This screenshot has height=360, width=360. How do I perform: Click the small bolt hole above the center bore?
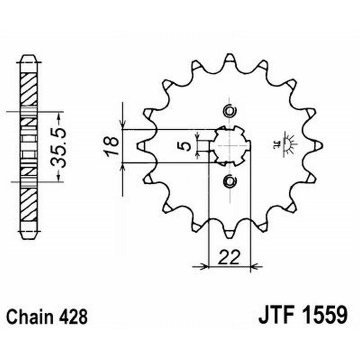229,111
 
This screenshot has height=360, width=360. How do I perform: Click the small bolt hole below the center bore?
229,181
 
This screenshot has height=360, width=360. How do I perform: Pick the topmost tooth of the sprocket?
229,58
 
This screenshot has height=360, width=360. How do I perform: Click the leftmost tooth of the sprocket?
140,145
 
